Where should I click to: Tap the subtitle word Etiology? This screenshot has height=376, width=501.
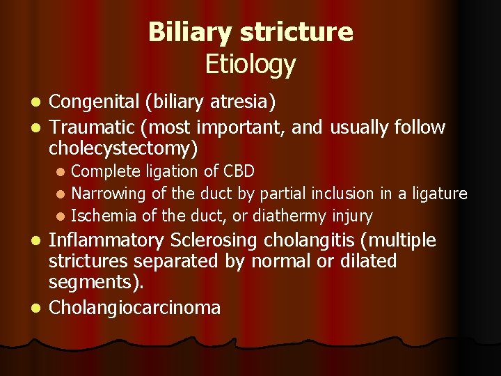(250, 64)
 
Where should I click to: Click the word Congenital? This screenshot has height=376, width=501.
(94, 103)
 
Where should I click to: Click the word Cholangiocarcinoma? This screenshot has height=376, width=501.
(135, 307)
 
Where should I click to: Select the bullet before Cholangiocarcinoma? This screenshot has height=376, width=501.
(40, 308)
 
